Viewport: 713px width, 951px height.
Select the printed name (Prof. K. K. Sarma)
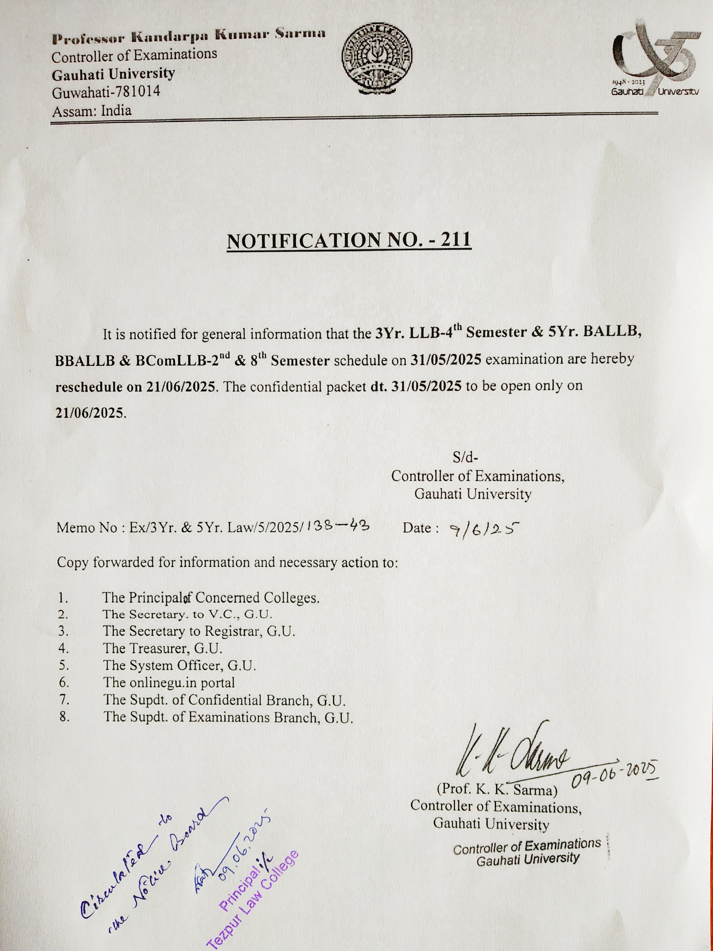pyautogui.click(x=497, y=790)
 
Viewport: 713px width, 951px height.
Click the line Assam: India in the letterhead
pyautogui.click(x=92, y=111)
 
